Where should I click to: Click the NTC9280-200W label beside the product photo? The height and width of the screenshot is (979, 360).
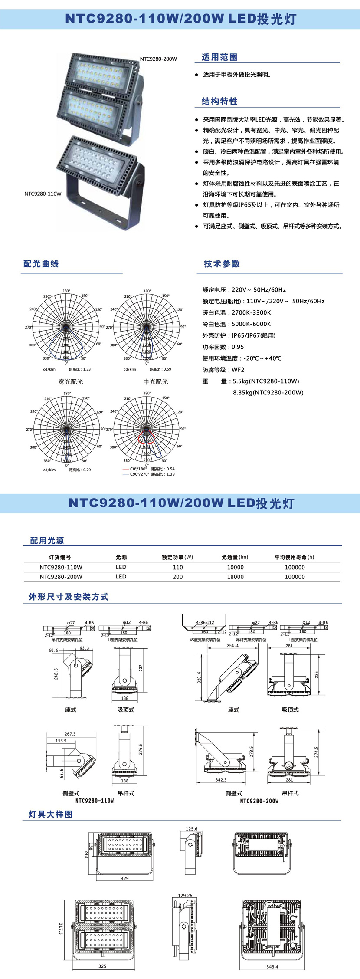(x=158, y=59)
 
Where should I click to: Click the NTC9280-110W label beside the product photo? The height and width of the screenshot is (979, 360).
(x=43, y=194)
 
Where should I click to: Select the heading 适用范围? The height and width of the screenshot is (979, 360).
(x=219, y=57)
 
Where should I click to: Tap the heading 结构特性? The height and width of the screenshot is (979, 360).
(x=219, y=101)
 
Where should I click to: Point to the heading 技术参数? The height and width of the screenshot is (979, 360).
(x=222, y=264)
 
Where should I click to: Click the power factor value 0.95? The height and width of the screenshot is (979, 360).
(x=238, y=347)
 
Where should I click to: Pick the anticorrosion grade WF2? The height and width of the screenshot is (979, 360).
(x=238, y=370)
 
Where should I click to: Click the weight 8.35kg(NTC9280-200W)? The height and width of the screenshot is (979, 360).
(x=268, y=392)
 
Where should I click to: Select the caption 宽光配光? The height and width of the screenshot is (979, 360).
(x=71, y=382)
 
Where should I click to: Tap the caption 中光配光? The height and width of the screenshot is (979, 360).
(x=156, y=382)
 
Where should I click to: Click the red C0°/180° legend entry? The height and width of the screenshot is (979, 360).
(x=138, y=469)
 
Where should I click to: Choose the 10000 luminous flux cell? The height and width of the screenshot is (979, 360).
(x=236, y=567)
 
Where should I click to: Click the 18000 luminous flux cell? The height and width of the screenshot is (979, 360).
(x=236, y=577)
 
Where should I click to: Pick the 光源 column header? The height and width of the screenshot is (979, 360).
(x=121, y=557)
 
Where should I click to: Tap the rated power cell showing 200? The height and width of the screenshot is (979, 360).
(x=178, y=577)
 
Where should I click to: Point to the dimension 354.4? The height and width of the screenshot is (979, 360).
(x=233, y=646)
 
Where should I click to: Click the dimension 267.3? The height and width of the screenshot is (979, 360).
(x=70, y=734)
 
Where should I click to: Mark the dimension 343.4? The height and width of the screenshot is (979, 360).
(x=272, y=966)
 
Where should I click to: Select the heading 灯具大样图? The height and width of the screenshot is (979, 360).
(x=51, y=814)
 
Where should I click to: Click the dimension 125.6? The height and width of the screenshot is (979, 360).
(x=191, y=829)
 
